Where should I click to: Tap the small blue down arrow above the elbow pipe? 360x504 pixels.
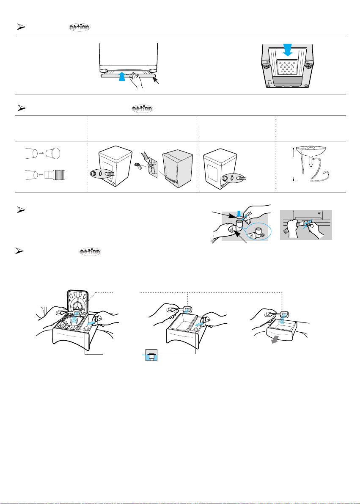[239, 213]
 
